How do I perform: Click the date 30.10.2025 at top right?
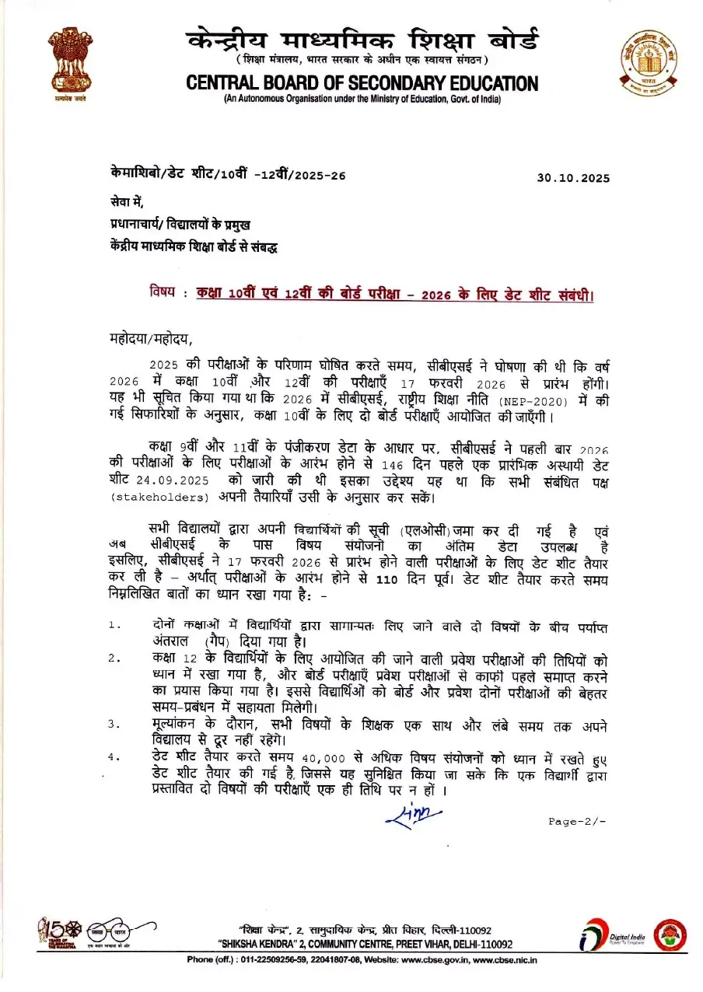[573, 178]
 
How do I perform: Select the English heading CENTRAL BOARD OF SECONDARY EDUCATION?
[362, 83]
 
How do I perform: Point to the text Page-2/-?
[576, 821]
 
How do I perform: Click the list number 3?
[114, 725]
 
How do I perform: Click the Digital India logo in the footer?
[614, 938]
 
